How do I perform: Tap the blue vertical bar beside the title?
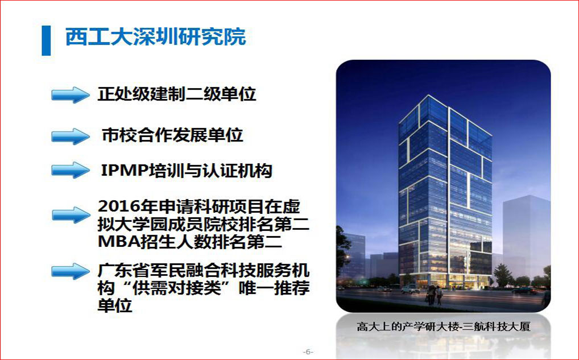(46, 40)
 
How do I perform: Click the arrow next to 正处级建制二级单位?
(70, 95)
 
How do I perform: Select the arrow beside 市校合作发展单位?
(70, 136)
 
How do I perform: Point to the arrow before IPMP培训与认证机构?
(70, 170)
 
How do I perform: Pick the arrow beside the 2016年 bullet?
(71, 215)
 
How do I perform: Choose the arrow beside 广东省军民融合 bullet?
(70, 271)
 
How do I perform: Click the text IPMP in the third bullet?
(124, 171)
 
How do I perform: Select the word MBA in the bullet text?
(117, 242)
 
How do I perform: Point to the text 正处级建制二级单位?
(176, 94)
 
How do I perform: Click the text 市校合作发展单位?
(172, 135)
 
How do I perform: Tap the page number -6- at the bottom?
(308, 351)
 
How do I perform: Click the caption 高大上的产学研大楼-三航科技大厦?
(444, 326)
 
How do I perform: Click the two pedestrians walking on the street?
(435, 295)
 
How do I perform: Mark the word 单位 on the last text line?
(115, 306)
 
